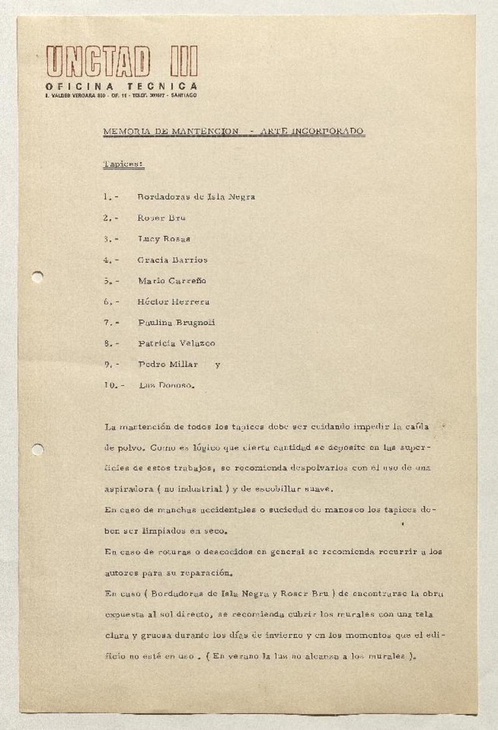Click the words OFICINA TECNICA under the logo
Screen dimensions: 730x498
[x=121, y=87]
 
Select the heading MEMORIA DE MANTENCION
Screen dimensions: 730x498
[x=170, y=131]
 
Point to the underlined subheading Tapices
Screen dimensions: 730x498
[x=123, y=164]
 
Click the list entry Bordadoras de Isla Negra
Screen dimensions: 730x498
[x=196, y=197]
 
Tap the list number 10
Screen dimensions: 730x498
[x=111, y=386]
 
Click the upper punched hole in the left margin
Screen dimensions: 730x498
[x=37, y=277]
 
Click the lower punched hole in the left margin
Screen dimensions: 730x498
[x=37, y=449]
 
